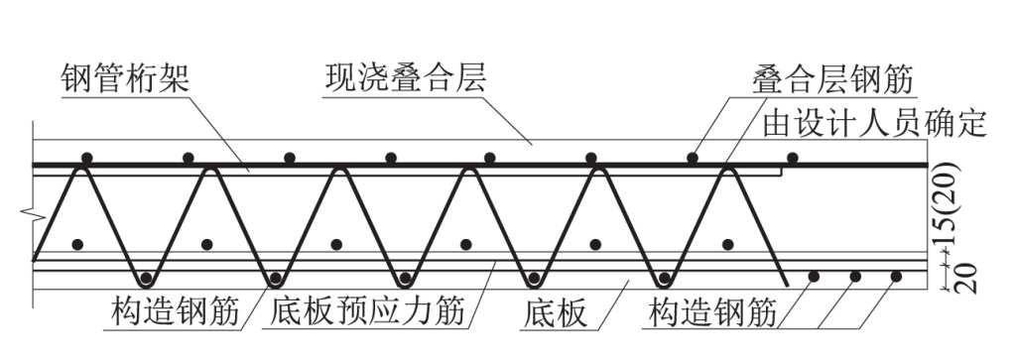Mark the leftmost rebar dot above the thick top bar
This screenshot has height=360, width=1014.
click(x=87, y=158)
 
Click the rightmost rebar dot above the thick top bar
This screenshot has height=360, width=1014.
click(x=792, y=158)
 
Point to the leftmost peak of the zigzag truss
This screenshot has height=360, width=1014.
click(x=81, y=171)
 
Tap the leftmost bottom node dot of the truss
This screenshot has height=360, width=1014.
click(x=147, y=276)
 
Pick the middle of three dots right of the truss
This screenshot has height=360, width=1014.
click(x=854, y=276)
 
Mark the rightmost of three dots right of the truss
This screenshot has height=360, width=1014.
click(x=896, y=276)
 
